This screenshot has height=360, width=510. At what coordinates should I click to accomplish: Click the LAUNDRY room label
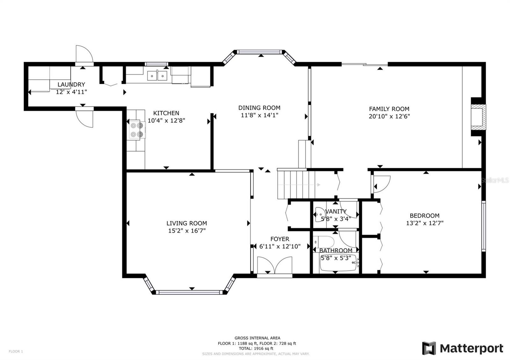71,84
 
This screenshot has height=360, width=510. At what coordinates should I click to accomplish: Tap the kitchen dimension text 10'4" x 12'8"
166,120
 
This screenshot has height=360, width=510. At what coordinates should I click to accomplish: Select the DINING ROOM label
259,108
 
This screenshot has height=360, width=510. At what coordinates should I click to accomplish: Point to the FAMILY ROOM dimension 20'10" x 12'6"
389,116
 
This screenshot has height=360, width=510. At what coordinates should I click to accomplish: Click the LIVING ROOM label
187,223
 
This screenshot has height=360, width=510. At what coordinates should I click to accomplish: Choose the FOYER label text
280,239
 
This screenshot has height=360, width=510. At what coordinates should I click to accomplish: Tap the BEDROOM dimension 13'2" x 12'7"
425,223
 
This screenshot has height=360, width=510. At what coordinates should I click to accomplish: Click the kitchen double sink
157,76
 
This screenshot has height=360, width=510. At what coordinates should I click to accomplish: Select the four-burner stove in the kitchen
137,130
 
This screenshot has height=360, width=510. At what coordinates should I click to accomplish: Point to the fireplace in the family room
478,117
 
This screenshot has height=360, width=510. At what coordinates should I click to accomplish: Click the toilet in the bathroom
324,242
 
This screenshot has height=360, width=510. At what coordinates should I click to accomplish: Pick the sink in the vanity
321,214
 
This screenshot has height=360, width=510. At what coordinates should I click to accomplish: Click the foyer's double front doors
275,265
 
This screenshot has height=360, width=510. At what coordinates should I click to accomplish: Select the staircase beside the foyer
296,184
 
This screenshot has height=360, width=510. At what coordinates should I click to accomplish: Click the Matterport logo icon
429,348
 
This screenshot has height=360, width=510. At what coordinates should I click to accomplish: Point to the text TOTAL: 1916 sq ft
256,349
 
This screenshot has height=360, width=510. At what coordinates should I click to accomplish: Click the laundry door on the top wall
84,54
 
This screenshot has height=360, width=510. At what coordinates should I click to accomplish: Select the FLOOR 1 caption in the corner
16,351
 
